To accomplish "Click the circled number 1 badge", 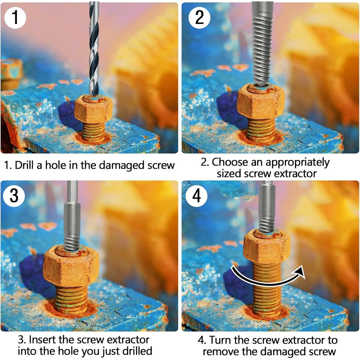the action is point(15,18).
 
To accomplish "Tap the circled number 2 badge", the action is point(199,18).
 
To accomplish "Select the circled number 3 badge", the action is point(14,196).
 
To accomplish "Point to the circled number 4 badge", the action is point(197,196).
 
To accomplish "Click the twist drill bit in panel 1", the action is point(94,48).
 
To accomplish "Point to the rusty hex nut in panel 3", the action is point(71,266).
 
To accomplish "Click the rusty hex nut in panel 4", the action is point(267,247).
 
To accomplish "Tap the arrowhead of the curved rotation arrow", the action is point(299,272).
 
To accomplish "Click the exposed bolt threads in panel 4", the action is point(267,290).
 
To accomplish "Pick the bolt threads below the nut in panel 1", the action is point(94,133).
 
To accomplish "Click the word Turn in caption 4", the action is point(220,340).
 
